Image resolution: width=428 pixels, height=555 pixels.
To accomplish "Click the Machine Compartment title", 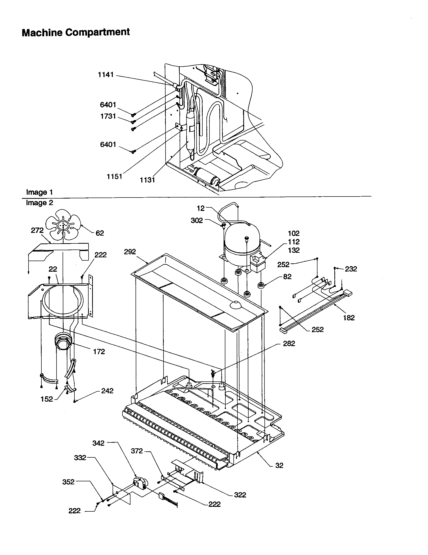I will pyautogui.click(x=76, y=33).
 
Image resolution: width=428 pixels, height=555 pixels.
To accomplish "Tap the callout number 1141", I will pyautogui.click(x=106, y=75).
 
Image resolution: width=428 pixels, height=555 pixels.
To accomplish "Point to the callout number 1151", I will pyautogui.click(x=114, y=176).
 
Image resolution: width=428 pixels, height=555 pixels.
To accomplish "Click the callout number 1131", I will pyautogui.click(x=147, y=180).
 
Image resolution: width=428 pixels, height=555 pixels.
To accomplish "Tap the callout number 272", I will pyautogui.click(x=37, y=230).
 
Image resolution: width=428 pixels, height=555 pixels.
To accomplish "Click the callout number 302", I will pyautogui.click(x=197, y=220).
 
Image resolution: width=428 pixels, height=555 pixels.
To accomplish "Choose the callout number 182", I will pyautogui.click(x=349, y=317).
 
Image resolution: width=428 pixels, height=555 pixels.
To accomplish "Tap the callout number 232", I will pyautogui.click(x=351, y=269).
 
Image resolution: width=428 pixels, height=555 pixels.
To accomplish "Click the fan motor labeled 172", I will pyautogui.click(x=62, y=341).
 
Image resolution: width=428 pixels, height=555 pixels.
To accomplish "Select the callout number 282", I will pyautogui.click(x=289, y=343).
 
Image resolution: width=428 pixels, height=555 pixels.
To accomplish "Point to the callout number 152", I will pyautogui.click(x=47, y=399).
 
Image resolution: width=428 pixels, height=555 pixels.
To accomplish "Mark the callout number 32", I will pyautogui.click(x=279, y=465).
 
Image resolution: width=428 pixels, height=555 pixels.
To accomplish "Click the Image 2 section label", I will pyautogui.click(x=39, y=203).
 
